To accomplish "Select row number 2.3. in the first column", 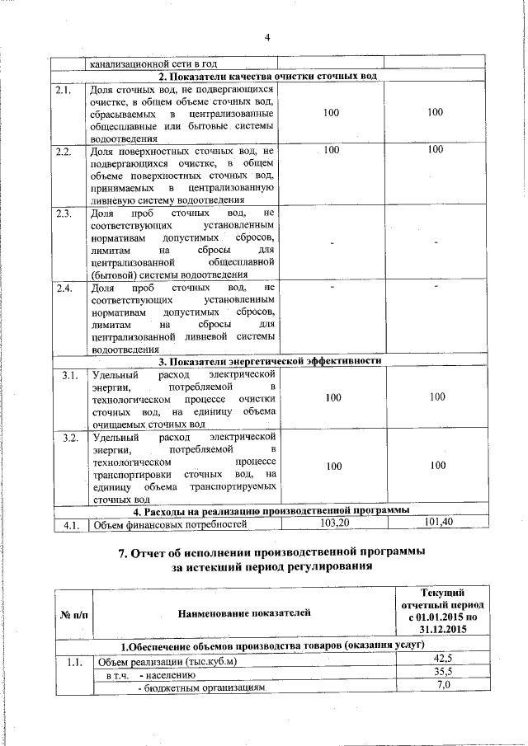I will pos(64,213).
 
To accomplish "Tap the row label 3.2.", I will pos(70,437).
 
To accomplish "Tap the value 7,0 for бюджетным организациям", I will pos(445,686).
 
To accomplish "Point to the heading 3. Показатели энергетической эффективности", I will pos(270,361).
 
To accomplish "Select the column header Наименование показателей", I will pos(245,612).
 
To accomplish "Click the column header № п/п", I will pos(73,612).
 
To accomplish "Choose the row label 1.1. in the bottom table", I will pos(70,661).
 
